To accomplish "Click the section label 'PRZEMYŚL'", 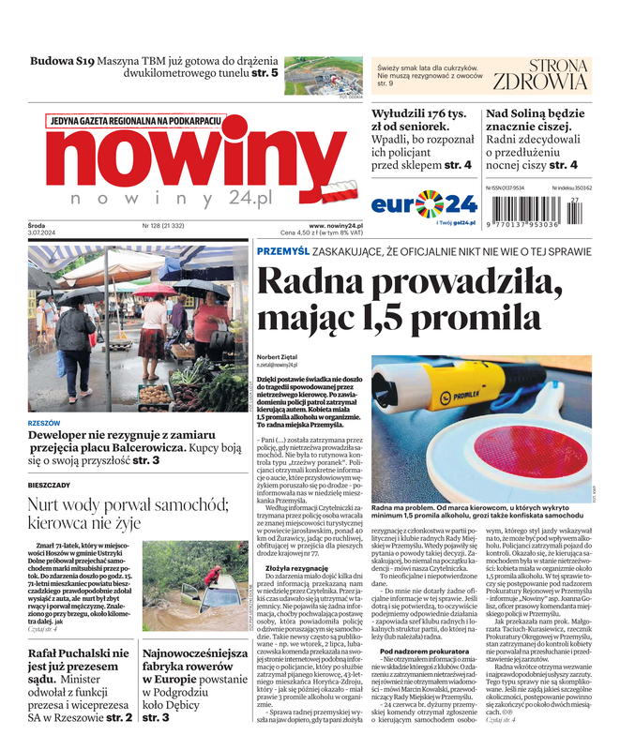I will pos(282,250).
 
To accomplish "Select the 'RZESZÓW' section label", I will pos(44,423).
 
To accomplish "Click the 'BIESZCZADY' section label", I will pos(49,485).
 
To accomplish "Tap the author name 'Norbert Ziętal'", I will pos(277,357).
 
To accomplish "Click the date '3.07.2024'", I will pos(42,233).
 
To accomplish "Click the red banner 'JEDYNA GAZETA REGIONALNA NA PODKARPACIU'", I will pos(136,121).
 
